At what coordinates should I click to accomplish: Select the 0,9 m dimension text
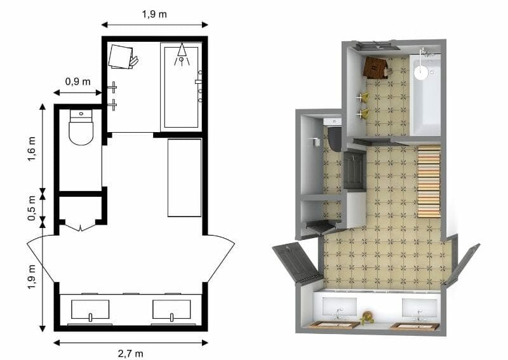(x=77, y=81)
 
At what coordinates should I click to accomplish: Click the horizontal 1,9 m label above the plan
(x=154, y=14)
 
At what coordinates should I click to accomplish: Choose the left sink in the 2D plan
(x=90, y=310)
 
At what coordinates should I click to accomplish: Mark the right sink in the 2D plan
(x=171, y=310)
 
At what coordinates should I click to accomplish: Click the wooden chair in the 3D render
(x=376, y=67)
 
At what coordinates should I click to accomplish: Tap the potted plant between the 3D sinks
(x=366, y=317)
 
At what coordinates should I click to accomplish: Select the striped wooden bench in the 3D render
(x=429, y=181)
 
